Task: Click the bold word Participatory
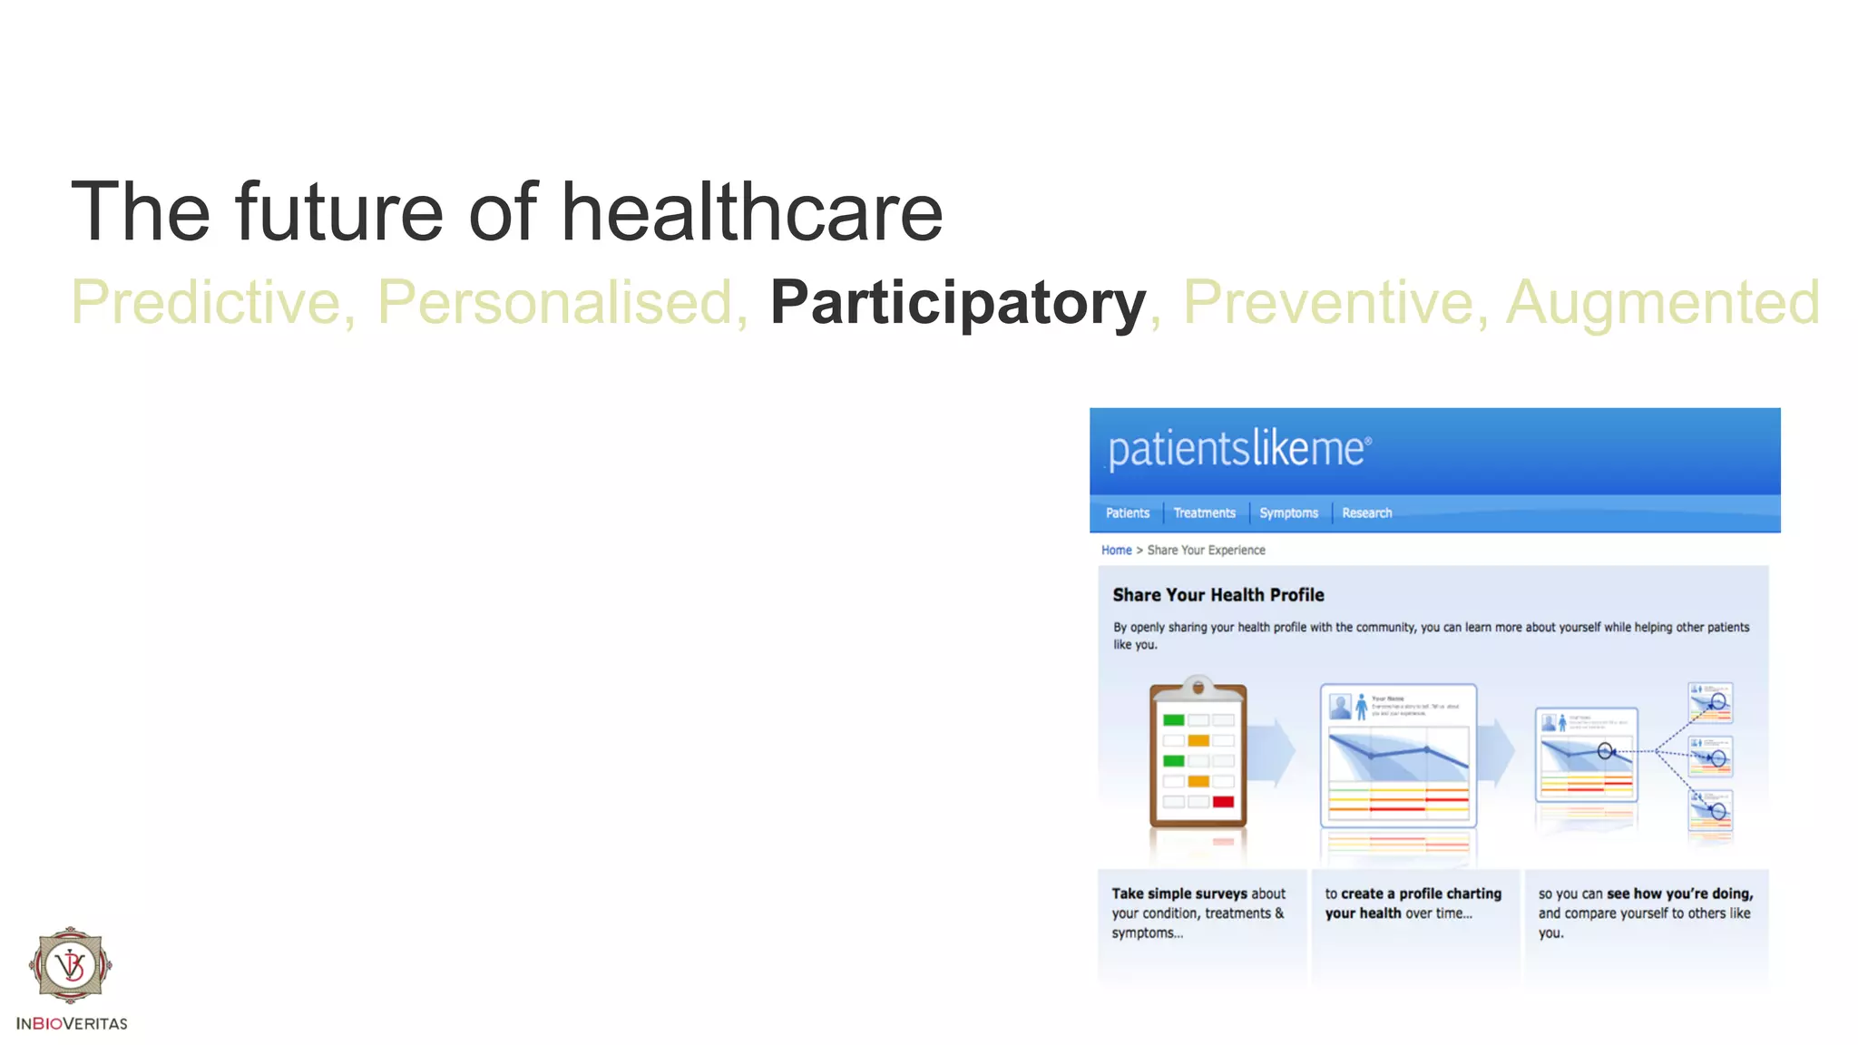[x=957, y=303]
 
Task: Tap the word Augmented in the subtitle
[x=1662, y=303]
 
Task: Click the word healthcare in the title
[x=751, y=213]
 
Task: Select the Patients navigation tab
[x=1127, y=513]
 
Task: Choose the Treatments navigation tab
[x=1204, y=513]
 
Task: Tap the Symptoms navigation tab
[x=1288, y=513]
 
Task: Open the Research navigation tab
[x=1366, y=513]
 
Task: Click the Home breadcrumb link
[x=1116, y=551]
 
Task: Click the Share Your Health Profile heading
[x=1217, y=595]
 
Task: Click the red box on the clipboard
[x=1223, y=802]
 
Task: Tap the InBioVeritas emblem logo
[x=71, y=965]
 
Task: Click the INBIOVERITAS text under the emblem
[x=72, y=1024]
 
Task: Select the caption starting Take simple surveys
[x=1198, y=913]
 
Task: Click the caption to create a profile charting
[x=1413, y=903]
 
